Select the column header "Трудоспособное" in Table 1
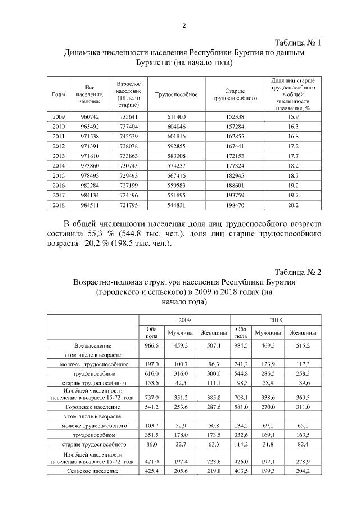coord(176,94)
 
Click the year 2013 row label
coord(58,155)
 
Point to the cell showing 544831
coord(176,205)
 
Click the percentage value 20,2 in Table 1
coord(292,205)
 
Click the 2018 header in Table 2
coord(276,319)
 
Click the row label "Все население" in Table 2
coord(92,345)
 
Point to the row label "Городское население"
coord(92,406)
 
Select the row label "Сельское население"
coord(92,470)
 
